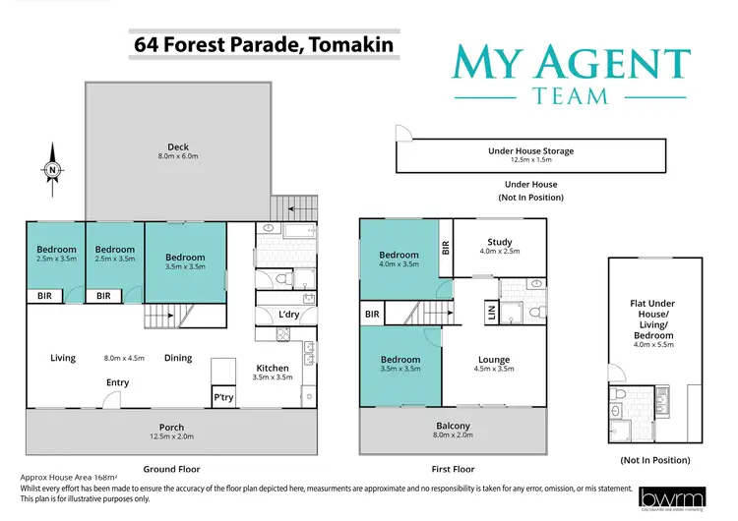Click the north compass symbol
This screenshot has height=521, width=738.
click(52, 169)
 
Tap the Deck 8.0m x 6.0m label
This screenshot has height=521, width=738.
click(177, 150)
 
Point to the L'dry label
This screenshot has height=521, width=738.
click(288, 314)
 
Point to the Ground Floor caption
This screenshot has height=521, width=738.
click(172, 469)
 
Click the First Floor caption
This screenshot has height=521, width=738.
click(453, 469)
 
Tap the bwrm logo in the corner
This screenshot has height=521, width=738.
click(668, 499)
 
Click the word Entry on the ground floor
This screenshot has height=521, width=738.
click(117, 383)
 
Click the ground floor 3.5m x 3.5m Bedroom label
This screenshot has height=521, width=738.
click(185, 260)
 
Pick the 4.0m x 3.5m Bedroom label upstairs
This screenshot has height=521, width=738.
click(399, 260)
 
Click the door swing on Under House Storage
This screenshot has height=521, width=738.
click(401, 136)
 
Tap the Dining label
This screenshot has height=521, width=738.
click(178, 358)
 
